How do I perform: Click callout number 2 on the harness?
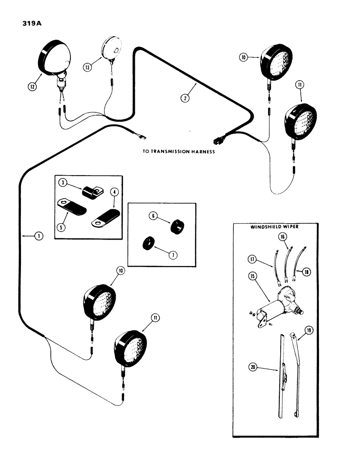pyautogui.click(x=186, y=98)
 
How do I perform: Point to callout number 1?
pyautogui.click(x=39, y=236)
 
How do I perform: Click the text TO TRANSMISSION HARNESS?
pyautogui.click(x=179, y=151)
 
